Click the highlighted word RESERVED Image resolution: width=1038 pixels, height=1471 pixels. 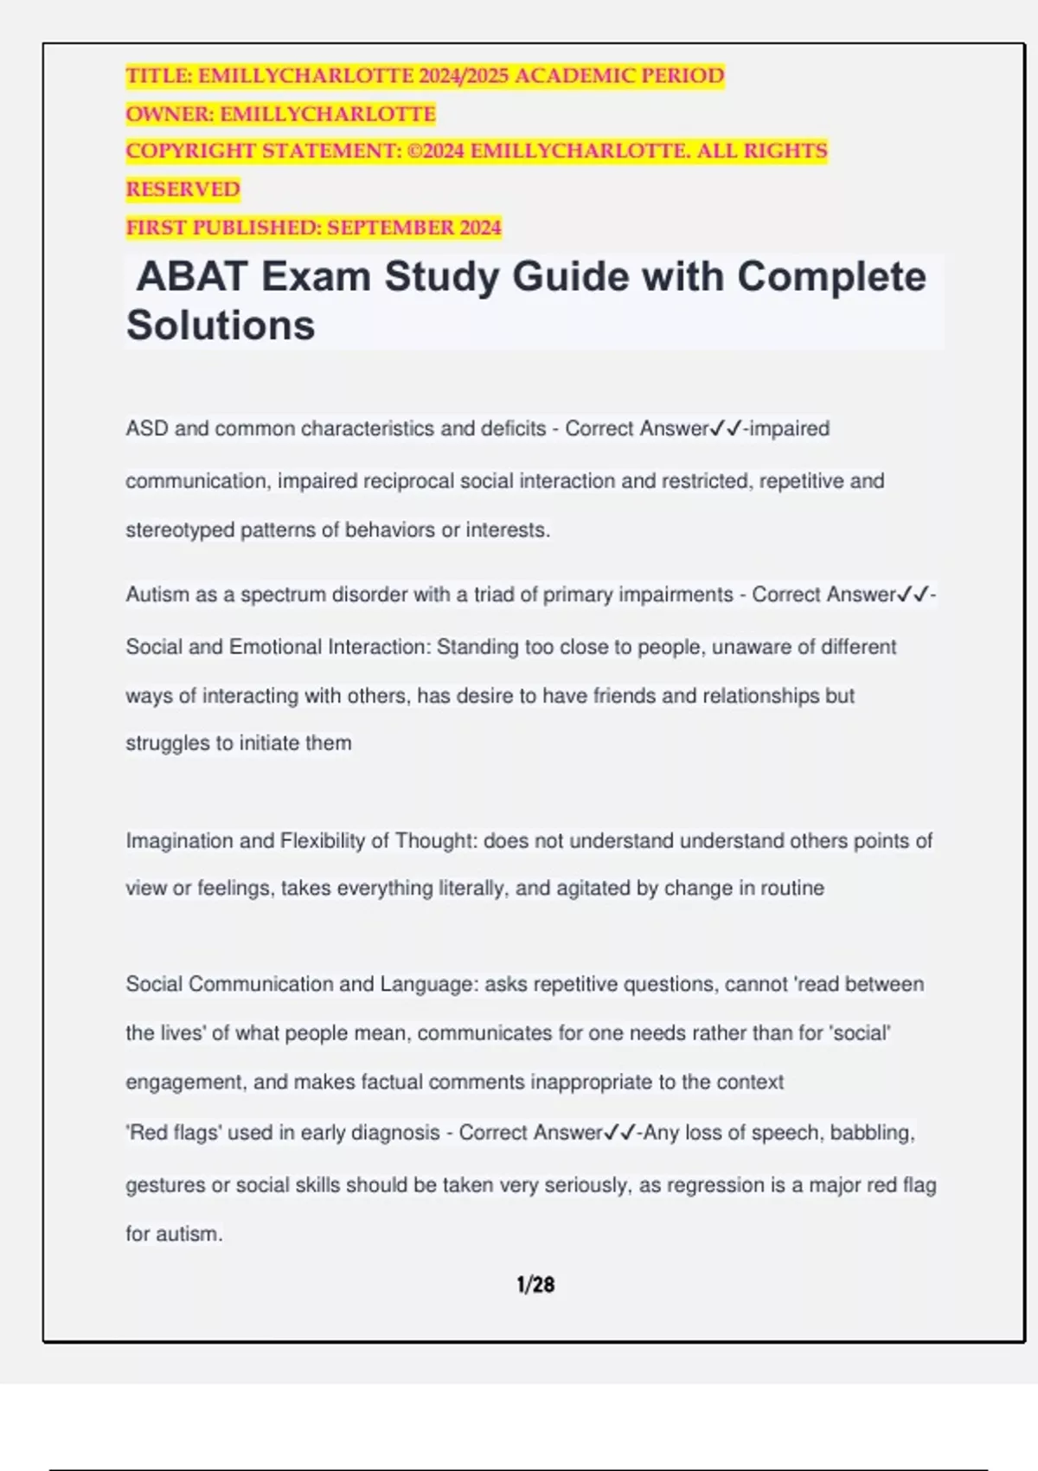(x=183, y=189)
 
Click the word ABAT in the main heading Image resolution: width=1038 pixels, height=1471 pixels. (x=193, y=278)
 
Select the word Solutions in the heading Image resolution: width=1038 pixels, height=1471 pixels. (x=221, y=326)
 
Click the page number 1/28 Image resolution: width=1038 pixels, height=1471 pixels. (x=535, y=1285)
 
